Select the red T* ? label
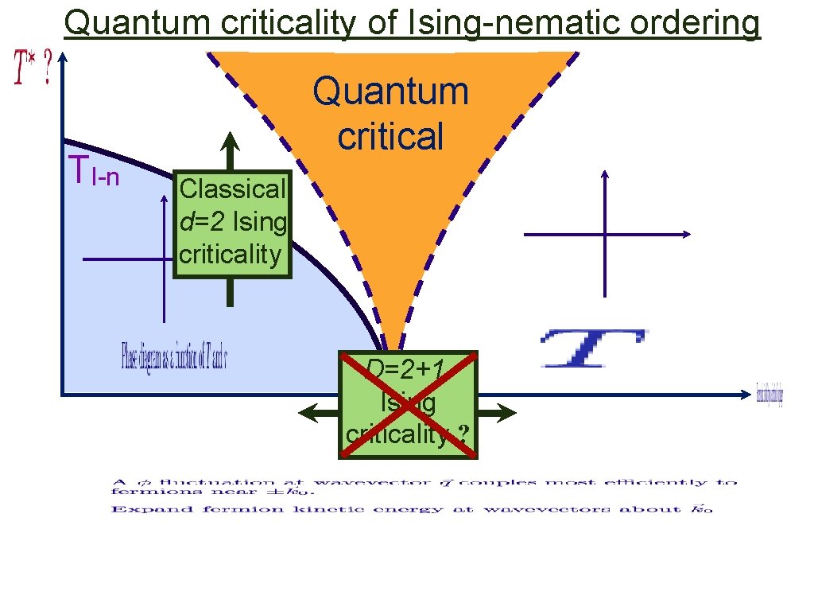[x=32, y=68]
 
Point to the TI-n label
[x=94, y=172]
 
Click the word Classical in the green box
[x=232, y=189]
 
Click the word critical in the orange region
[x=390, y=136]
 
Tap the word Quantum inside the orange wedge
[x=390, y=92]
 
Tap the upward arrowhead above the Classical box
[x=230, y=143]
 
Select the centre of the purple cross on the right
[x=606, y=235]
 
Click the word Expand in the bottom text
[x=130, y=509]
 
